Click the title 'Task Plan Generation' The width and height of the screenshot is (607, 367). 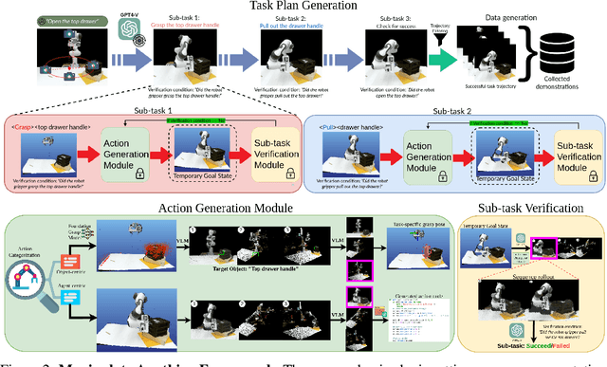(x=303, y=8)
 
